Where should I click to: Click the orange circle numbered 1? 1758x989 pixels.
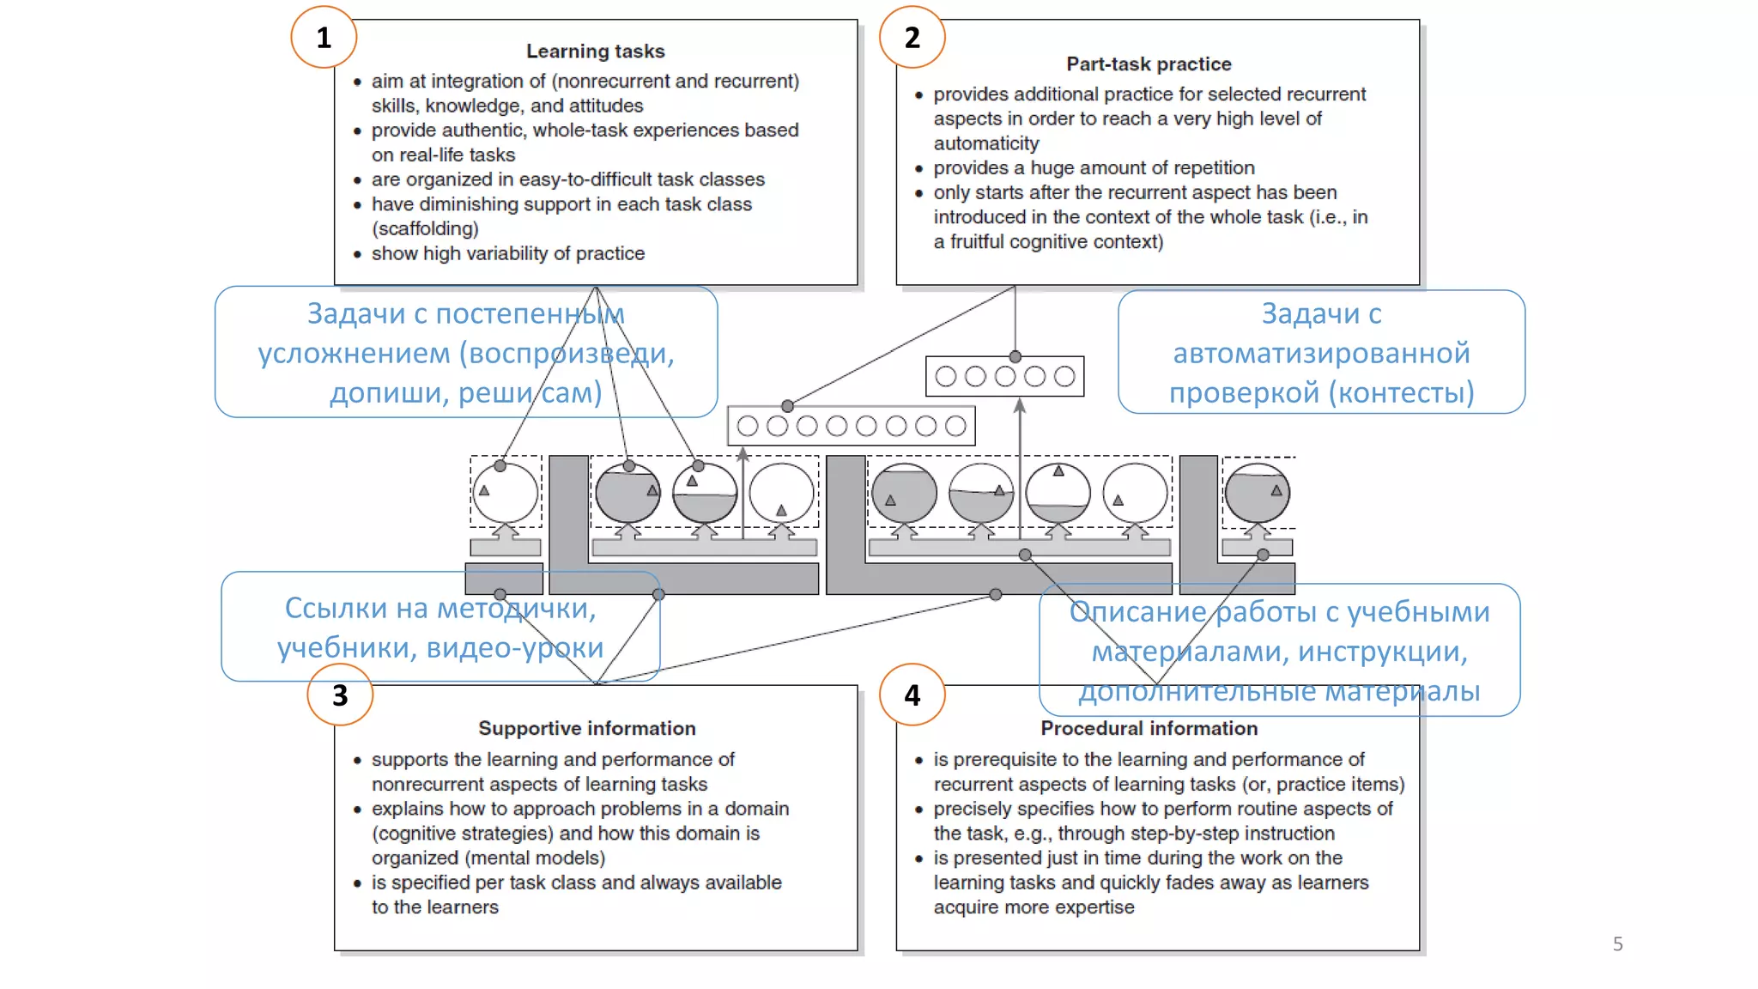[x=324, y=37]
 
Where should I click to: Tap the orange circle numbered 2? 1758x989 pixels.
[x=912, y=37]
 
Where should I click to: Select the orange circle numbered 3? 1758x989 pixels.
[x=340, y=695]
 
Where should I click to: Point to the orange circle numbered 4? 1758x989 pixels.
[x=912, y=695]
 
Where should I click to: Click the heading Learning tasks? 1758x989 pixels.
[x=595, y=52]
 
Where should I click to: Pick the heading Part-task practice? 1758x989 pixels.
[x=1149, y=64]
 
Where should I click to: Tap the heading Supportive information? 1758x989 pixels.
[x=586, y=728]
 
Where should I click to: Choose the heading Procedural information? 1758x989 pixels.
[x=1149, y=728]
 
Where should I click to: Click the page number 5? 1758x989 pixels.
[x=1617, y=944]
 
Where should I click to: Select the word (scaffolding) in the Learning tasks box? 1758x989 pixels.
[x=425, y=229]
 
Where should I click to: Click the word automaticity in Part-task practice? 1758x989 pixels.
[x=986, y=143]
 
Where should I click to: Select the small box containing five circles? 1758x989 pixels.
[x=1004, y=376]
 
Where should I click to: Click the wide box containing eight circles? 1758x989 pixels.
[x=851, y=426]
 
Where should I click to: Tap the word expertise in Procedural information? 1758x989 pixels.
[x=1094, y=907]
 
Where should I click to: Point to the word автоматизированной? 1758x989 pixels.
[x=1321, y=353]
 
